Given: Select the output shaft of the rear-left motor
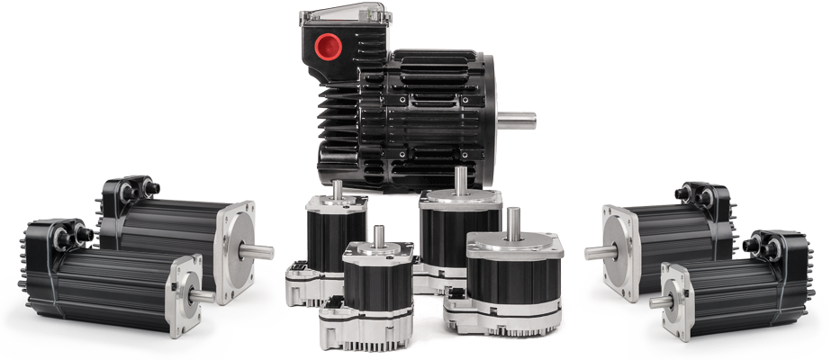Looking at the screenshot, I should [258, 249].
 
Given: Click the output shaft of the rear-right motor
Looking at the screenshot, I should [598, 251].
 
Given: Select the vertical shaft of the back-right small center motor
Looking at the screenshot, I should [462, 179].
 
